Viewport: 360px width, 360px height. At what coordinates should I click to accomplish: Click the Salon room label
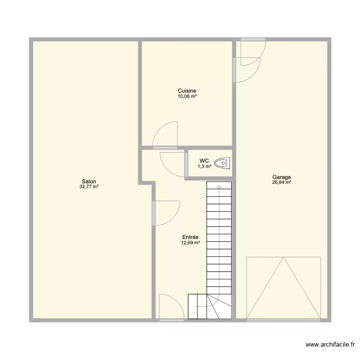click(89, 181)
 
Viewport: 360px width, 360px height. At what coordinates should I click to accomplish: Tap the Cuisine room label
click(187, 91)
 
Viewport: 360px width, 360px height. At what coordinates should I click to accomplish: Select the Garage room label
click(281, 177)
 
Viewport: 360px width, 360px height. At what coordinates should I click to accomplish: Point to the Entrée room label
click(191, 237)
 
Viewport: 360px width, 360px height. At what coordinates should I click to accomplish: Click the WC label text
click(204, 161)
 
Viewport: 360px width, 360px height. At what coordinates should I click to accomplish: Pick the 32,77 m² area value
click(89, 187)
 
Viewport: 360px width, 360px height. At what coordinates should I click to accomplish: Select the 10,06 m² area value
click(187, 96)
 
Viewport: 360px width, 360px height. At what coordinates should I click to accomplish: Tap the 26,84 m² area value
click(281, 182)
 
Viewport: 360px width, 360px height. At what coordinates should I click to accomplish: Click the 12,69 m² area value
click(191, 243)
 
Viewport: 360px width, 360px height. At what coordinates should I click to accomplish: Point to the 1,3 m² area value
click(204, 167)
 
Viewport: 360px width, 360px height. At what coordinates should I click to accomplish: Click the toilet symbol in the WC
click(223, 164)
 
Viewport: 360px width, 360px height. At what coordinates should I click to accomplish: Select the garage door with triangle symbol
click(283, 288)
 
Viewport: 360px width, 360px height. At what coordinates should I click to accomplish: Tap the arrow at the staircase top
click(219, 186)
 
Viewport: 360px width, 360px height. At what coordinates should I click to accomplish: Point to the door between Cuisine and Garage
click(247, 69)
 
